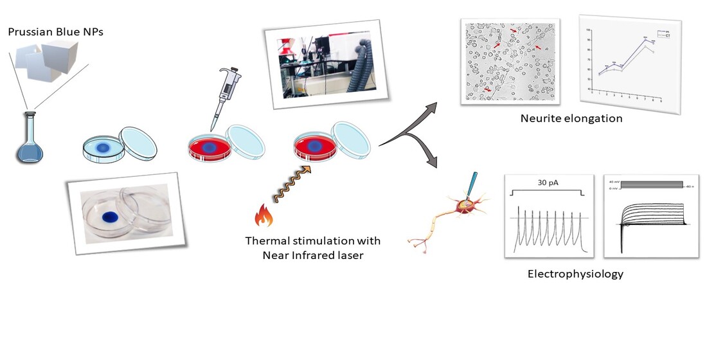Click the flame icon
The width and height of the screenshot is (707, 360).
pyautogui.click(x=265, y=215)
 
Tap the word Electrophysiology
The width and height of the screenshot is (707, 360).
pyautogui.click(x=575, y=274)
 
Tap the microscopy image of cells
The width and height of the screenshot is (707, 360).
pyautogui.click(x=510, y=60)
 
